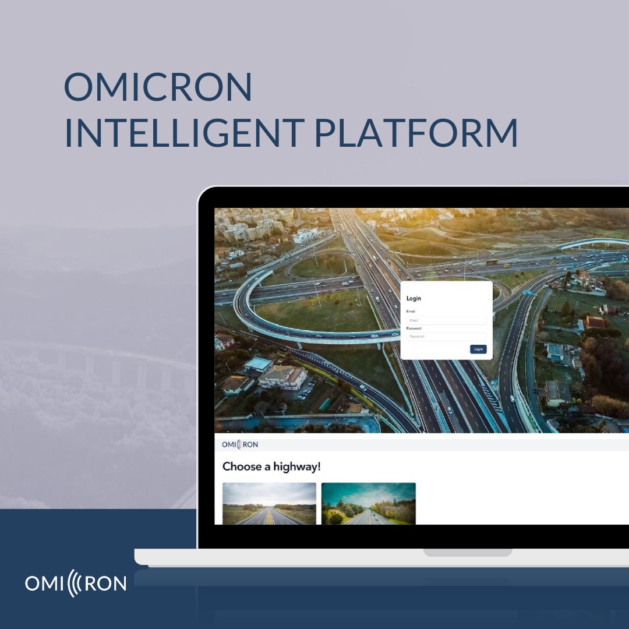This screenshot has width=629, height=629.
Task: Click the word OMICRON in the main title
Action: tap(158, 87)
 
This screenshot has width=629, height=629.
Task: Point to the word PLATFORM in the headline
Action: tap(416, 132)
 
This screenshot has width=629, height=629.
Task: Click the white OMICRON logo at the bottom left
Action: tap(76, 584)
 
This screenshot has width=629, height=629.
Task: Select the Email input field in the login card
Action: tap(446, 320)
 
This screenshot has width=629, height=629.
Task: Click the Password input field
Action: tap(446, 337)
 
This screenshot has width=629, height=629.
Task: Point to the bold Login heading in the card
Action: tap(414, 298)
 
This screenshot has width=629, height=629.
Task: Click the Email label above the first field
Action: tap(411, 312)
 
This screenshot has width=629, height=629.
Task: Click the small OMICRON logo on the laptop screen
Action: tap(240, 444)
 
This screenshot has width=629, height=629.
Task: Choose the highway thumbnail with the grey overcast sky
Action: tap(269, 503)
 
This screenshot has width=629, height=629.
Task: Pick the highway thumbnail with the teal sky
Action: tap(369, 503)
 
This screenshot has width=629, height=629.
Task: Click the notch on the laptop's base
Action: tap(468, 552)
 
